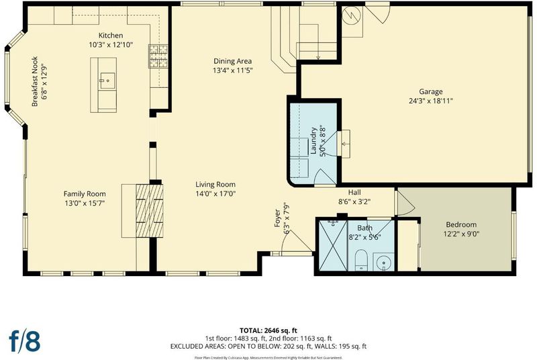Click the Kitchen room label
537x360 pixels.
pos(111,36)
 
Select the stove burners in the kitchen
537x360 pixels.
pos(158,56)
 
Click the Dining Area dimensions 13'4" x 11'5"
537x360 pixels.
pos(232,71)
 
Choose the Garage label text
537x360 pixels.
pos(431,91)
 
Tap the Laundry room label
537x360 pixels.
pos(313,141)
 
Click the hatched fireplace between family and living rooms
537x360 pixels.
pos(149,211)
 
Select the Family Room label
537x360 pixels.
pos(85,194)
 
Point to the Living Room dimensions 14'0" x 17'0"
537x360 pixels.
pos(215,194)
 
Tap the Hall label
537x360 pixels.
pos(354,193)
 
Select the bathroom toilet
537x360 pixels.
pos(361,261)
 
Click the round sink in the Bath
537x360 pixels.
pos(383,263)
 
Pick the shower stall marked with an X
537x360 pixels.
pos(333,246)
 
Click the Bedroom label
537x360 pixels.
pos(461,225)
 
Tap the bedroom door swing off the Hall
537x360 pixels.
pos(405,203)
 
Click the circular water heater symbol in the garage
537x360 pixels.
pos(352,15)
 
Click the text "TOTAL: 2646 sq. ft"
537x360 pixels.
pos(268,330)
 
